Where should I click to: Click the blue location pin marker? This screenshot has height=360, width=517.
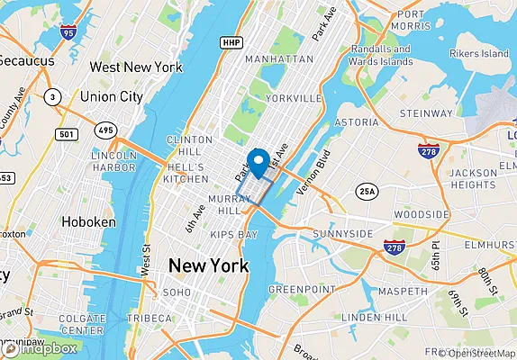coord(259,161)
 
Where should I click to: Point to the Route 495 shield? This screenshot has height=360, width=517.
coord(107,130)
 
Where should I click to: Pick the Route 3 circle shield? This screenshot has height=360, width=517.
coord(53,96)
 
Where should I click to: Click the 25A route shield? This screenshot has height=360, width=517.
coord(367,191)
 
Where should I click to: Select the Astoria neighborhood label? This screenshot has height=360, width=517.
coord(357,121)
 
